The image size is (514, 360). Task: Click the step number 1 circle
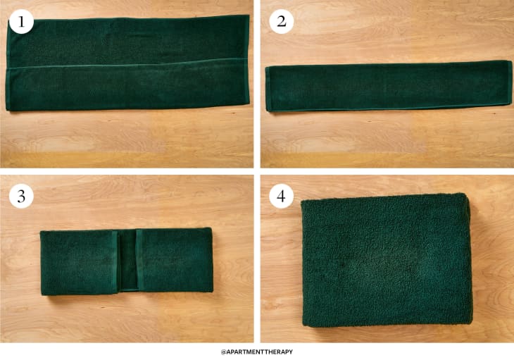(21, 22)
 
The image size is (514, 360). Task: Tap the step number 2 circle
(281, 22)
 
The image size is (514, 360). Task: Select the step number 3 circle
(21, 196)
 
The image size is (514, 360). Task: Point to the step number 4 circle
(281, 196)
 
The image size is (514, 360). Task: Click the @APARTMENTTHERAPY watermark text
(257, 352)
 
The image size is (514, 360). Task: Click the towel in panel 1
(127, 63)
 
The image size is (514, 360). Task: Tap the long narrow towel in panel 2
(389, 86)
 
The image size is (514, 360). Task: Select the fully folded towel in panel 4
(387, 260)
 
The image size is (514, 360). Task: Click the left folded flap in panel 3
(79, 263)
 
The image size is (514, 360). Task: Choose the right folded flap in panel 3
(175, 260)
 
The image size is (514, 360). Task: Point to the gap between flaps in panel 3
(127, 261)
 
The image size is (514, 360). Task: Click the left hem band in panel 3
(114, 262)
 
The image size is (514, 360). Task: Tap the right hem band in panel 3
(139, 260)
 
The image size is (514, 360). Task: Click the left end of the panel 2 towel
(266, 89)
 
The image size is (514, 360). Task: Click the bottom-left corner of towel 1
(6, 110)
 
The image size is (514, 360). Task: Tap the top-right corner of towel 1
(249, 15)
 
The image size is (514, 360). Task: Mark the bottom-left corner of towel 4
(303, 325)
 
